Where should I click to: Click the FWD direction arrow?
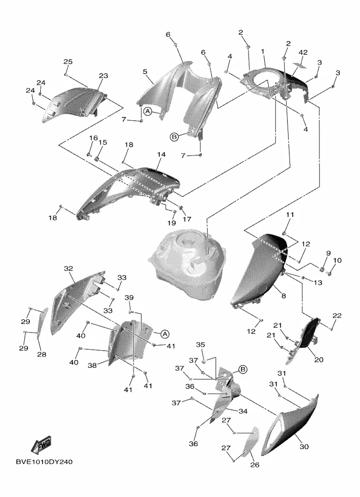tap(42, 445)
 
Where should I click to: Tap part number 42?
tap(303, 52)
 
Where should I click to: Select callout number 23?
tap(103, 76)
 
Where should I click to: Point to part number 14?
tap(161, 154)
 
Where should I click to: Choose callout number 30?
tap(304, 447)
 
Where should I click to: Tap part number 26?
tap(255, 464)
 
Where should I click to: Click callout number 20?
tap(306, 360)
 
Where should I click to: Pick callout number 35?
tap(200, 344)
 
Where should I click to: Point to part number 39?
tap(129, 298)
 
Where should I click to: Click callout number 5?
tap(145, 72)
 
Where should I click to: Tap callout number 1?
tap(263, 51)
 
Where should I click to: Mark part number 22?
tap(337, 316)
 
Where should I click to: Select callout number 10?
tap(338, 260)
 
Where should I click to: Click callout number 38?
tap(92, 365)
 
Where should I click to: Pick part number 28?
tap(42, 355)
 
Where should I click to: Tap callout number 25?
tap(68, 62)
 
